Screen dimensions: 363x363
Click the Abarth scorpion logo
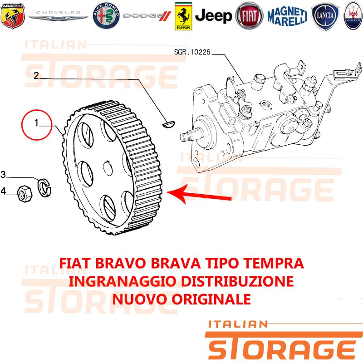tap(13, 16)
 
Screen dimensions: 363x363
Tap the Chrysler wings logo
tap(59, 15)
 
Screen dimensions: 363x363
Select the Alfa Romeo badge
tap(106, 16)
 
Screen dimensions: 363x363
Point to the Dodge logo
tap(147, 16)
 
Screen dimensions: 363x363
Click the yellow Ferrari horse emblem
tap(183, 16)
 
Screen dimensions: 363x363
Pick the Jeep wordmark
tap(213, 16)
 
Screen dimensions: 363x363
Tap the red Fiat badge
tap(249, 16)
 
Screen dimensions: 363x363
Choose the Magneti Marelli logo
tap(287, 16)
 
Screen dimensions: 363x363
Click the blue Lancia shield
tap(325, 16)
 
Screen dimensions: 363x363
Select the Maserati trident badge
tap(353, 16)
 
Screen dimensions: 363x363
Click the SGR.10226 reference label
tap(192, 52)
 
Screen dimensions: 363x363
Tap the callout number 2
tap(36, 76)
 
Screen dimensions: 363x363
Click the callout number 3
tap(3, 174)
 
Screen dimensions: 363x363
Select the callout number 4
tap(3, 191)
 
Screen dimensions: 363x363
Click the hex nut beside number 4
tap(25, 193)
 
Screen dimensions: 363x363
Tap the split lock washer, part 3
tap(44, 187)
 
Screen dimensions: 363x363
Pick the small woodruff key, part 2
tap(169, 124)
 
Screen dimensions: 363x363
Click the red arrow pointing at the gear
tap(199, 194)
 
